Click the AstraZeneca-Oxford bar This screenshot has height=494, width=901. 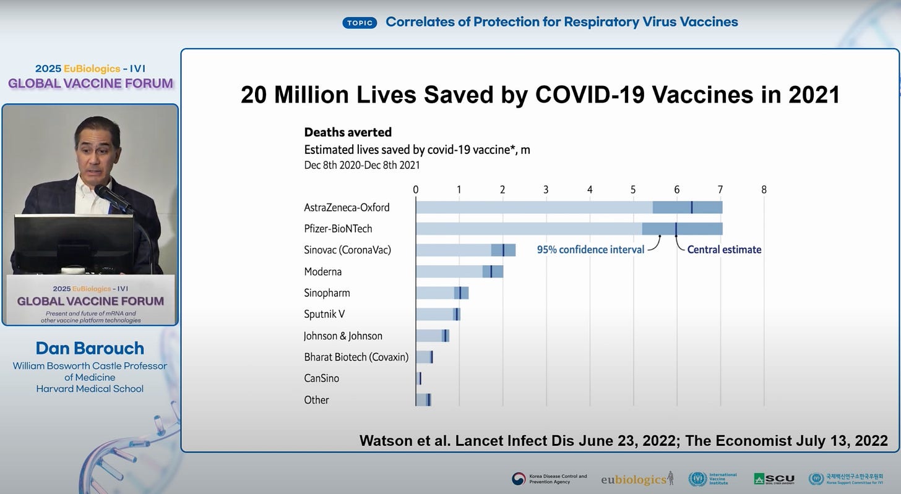569,207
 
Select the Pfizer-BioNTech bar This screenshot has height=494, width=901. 569,229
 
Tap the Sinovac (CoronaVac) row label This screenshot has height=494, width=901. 347,250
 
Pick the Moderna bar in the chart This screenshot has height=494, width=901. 459,271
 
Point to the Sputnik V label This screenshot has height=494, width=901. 324,314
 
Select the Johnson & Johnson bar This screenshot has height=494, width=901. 432,336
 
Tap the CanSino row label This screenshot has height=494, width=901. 321,378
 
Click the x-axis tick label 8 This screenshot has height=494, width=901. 764,190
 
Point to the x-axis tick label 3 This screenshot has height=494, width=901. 546,190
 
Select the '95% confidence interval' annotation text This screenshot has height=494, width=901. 590,250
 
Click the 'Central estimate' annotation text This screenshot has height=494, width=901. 724,250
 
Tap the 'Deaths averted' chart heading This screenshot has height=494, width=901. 348,132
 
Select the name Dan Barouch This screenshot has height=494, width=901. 90,348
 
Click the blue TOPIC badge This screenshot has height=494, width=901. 360,23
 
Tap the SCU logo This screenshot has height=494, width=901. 774,479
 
